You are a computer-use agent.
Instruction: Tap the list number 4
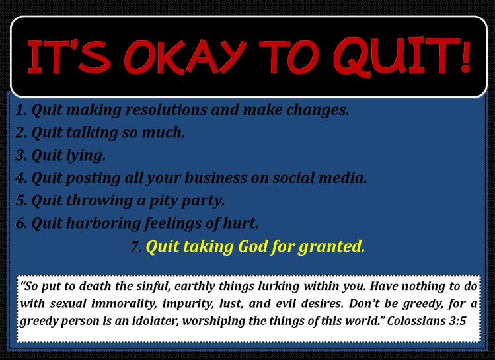coord(19,178)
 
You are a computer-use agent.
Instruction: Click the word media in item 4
coord(345,178)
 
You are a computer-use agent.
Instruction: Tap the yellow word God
coord(248,247)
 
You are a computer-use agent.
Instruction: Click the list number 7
coord(135,247)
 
